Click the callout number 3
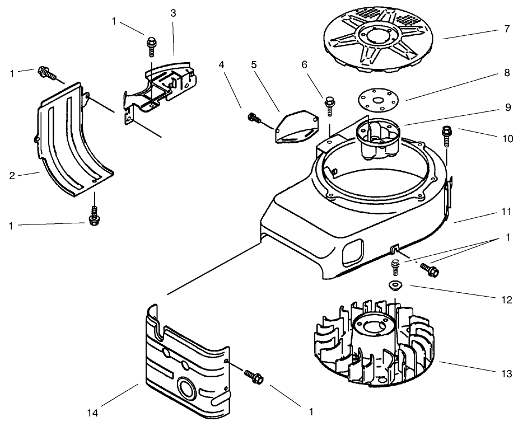(173, 13)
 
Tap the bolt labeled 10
(447, 133)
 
